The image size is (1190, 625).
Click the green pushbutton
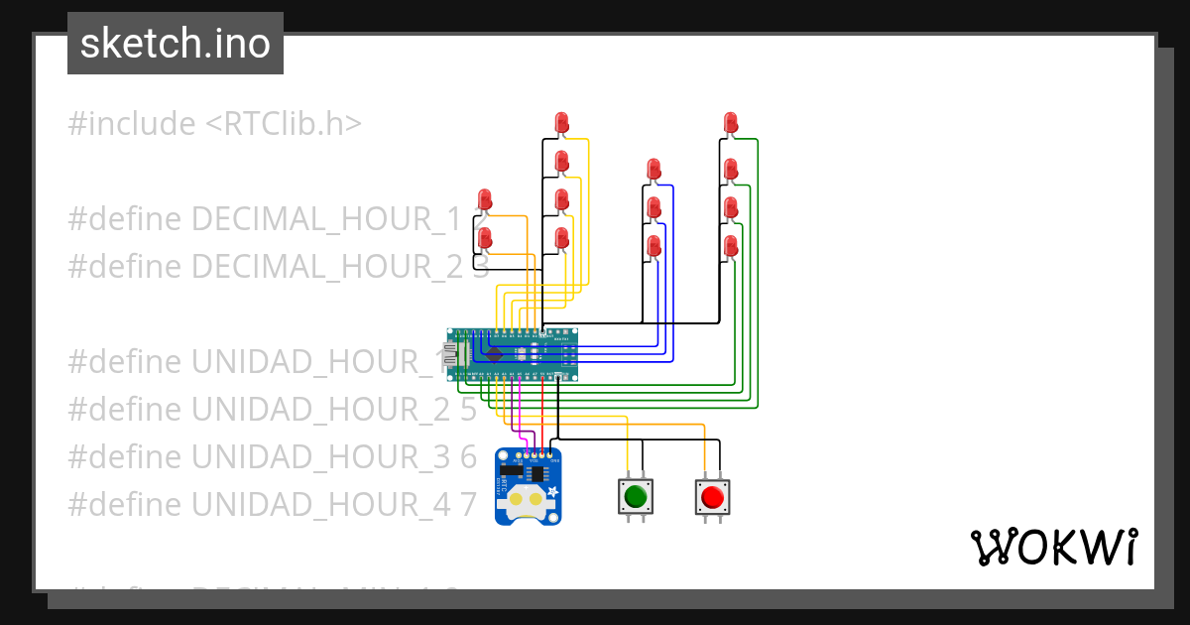click(x=636, y=495)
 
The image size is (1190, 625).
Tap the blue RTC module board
click(x=527, y=486)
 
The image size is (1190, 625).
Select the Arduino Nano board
click(x=513, y=354)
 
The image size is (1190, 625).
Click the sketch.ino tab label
click(x=176, y=44)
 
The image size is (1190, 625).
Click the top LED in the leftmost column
click(x=485, y=199)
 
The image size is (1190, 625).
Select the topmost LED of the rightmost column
click(x=731, y=123)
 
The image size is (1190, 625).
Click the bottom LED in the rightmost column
click(x=731, y=245)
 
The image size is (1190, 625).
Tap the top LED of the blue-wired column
click(x=654, y=169)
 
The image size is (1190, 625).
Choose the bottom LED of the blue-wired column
click(x=654, y=245)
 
